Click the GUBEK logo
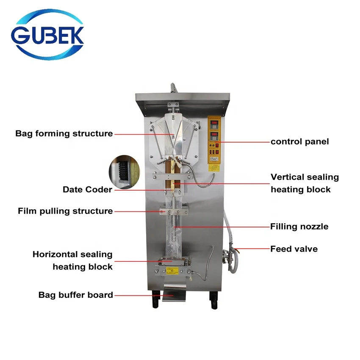[x=47, y=34]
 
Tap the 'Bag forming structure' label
[x=64, y=133]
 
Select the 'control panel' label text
[x=299, y=141]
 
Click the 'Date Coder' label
[x=88, y=190]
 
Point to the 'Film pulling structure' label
[x=65, y=211]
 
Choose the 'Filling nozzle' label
[x=299, y=227]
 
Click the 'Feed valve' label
[x=294, y=249]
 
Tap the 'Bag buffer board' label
[x=76, y=295]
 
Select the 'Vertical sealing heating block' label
[x=305, y=183]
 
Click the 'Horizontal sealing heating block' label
[x=72, y=260]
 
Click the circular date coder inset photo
[x=124, y=172]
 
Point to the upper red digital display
[x=214, y=124]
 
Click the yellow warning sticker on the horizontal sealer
[x=172, y=271]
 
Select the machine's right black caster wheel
[x=213, y=300]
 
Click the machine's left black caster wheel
[x=156, y=299]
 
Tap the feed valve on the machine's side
[x=230, y=256]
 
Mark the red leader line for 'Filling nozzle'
[x=222, y=227]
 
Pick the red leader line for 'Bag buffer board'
[x=144, y=295]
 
